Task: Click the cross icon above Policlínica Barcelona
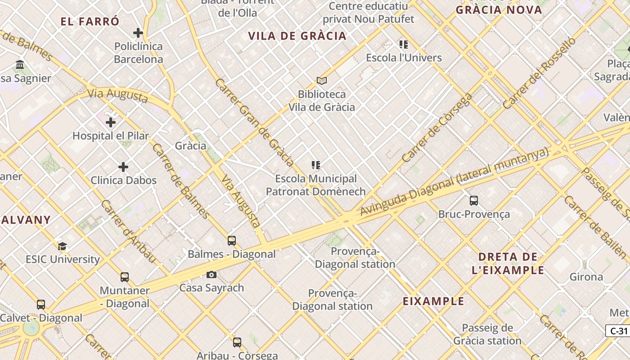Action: (x=138, y=33)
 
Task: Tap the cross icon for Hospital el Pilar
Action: (x=111, y=122)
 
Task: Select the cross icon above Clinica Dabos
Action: (x=123, y=167)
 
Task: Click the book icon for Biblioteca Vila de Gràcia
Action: (x=321, y=81)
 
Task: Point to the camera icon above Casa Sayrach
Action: (x=211, y=274)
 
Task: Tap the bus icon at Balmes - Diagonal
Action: (x=232, y=241)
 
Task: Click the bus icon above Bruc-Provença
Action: (x=474, y=201)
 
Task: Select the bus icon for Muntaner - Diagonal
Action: (x=125, y=277)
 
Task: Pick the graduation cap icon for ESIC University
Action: (x=63, y=246)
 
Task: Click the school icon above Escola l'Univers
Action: (x=404, y=45)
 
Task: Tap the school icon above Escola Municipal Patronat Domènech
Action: (x=316, y=165)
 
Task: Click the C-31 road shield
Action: (x=618, y=331)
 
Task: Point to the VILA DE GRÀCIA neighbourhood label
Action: (x=297, y=36)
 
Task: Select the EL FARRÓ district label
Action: (x=90, y=21)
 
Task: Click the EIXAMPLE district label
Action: (x=433, y=301)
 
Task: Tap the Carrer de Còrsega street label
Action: (x=437, y=128)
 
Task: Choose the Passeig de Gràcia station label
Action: (x=487, y=334)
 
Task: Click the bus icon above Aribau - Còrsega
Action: (x=237, y=342)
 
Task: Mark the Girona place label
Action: (x=586, y=277)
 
